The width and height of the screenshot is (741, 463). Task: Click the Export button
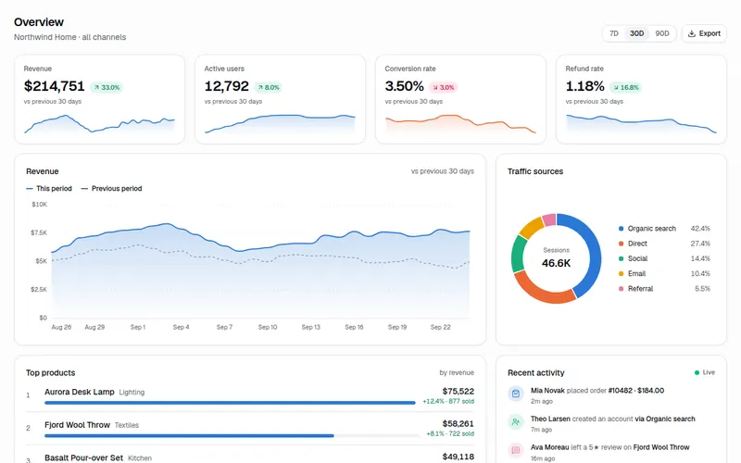coord(704,33)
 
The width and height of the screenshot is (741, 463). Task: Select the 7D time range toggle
coord(614,33)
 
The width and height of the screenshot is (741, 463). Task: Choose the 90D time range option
coord(662,33)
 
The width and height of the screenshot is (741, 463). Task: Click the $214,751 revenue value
coord(55,86)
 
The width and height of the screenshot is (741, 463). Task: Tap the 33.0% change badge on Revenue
coord(107,87)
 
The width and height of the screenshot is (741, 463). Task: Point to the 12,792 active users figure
coord(226,86)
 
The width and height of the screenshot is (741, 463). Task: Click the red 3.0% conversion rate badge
coord(444,87)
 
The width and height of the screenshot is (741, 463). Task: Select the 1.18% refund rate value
coord(585,86)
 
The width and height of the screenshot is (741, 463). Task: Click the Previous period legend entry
coord(111,189)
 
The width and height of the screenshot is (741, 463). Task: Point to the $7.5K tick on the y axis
coord(39,232)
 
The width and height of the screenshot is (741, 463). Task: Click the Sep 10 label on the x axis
coord(268,327)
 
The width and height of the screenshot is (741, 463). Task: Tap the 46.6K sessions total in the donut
coord(557,263)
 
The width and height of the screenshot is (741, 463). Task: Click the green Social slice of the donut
coord(519,254)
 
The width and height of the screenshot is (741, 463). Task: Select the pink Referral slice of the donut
coord(549,219)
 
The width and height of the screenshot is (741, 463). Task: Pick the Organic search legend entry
coord(647,229)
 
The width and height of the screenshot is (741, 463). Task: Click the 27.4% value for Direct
coord(700,244)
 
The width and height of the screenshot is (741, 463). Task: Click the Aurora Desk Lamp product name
coord(80,392)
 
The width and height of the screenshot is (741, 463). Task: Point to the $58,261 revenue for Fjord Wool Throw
coord(458,424)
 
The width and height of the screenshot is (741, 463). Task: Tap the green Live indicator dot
coord(697,373)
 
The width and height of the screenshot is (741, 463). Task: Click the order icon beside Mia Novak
coord(516,393)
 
